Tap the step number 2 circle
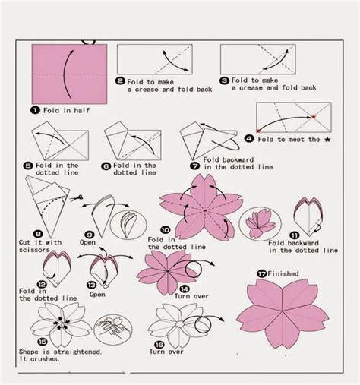120,80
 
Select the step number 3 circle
224,80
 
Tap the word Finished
283,274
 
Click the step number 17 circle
261,274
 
